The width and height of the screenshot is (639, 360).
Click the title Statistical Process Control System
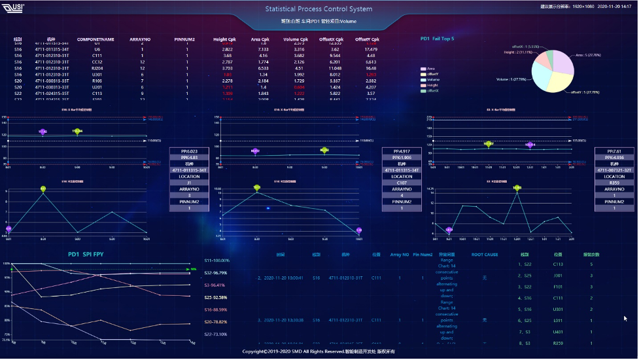click(x=319, y=9)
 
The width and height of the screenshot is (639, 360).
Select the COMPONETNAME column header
click(x=95, y=39)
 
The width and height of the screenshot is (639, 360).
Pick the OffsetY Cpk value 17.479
click(x=371, y=49)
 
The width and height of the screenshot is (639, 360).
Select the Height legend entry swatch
click(x=423, y=85)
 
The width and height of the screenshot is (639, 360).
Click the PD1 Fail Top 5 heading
click(x=437, y=39)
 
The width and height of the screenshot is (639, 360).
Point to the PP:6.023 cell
click(x=188, y=151)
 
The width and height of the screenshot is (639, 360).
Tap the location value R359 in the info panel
click(x=614, y=183)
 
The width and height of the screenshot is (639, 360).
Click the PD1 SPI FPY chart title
click(x=86, y=254)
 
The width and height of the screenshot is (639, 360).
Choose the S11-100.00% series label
click(x=216, y=261)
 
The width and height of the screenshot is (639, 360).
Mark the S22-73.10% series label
click(x=216, y=334)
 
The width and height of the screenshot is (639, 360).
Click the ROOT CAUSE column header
click(x=485, y=254)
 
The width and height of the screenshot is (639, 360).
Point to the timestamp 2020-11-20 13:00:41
click(x=282, y=278)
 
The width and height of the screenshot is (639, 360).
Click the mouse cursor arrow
click(x=626, y=318)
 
